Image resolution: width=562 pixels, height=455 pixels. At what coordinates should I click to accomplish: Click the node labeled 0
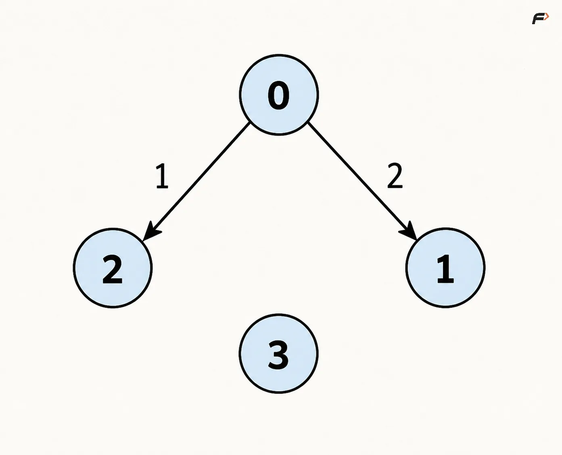[x=279, y=95]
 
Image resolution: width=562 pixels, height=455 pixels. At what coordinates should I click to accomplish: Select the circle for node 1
[x=445, y=268]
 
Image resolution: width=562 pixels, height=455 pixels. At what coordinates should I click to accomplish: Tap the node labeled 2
[x=113, y=268]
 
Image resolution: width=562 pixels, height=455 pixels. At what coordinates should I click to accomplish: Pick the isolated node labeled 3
[x=279, y=353]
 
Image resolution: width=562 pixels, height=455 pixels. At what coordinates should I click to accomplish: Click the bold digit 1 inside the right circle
[x=446, y=269]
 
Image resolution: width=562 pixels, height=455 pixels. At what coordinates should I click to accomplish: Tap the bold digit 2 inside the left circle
[x=113, y=269]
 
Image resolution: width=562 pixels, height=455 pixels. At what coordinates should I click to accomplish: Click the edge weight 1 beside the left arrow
[x=162, y=176]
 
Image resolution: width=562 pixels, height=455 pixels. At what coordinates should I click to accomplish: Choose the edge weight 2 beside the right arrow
[x=395, y=175]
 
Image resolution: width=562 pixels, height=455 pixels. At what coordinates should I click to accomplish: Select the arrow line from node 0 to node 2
[x=196, y=181]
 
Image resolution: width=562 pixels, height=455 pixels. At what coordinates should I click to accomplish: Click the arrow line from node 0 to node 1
[x=363, y=181]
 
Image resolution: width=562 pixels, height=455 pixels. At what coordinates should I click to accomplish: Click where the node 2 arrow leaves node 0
[x=249, y=123]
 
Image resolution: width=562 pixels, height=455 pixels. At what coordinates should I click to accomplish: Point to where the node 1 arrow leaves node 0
[x=309, y=123]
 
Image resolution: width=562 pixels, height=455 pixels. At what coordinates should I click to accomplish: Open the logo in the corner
[x=541, y=18]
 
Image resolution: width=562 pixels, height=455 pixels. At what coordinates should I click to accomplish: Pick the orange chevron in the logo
[x=547, y=17]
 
